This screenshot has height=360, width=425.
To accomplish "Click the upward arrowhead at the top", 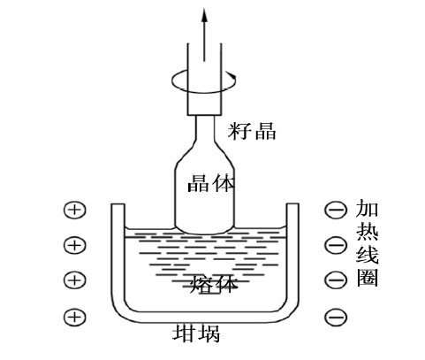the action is tap(204, 15).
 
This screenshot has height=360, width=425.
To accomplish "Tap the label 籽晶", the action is tap(252, 131).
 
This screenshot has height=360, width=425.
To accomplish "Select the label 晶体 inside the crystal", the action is tap(211, 183).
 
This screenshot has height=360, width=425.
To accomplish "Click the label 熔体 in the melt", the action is tap(214, 284).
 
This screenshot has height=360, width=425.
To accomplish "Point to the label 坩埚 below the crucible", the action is tap(196, 333).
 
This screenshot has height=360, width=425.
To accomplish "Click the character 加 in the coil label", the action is tap(367, 208).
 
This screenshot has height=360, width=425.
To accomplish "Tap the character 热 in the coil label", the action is tap(367, 232).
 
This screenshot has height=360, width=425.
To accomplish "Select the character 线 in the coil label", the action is tap(367, 255).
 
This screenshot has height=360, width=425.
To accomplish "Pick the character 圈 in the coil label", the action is tap(367, 278).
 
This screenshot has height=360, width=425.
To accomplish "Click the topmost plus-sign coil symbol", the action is tap(75, 210).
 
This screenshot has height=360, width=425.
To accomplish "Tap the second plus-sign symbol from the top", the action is tap(75, 245).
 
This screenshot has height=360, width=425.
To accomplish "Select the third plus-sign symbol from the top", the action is tap(75, 280).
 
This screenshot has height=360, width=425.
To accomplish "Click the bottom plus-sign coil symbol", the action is tap(75, 317).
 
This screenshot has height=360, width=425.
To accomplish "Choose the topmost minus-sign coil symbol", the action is tap(336, 210).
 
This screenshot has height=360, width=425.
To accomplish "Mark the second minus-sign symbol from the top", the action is tap(336, 245).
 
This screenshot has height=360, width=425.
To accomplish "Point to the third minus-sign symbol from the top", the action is tap(336, 280).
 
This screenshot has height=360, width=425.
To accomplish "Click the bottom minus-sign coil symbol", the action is tap(336, 317).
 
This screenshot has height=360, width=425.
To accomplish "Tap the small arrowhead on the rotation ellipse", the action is tap(233, 76).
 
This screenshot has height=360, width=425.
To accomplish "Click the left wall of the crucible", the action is tap(118, 254).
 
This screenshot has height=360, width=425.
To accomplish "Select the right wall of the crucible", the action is tap(292, 254).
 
